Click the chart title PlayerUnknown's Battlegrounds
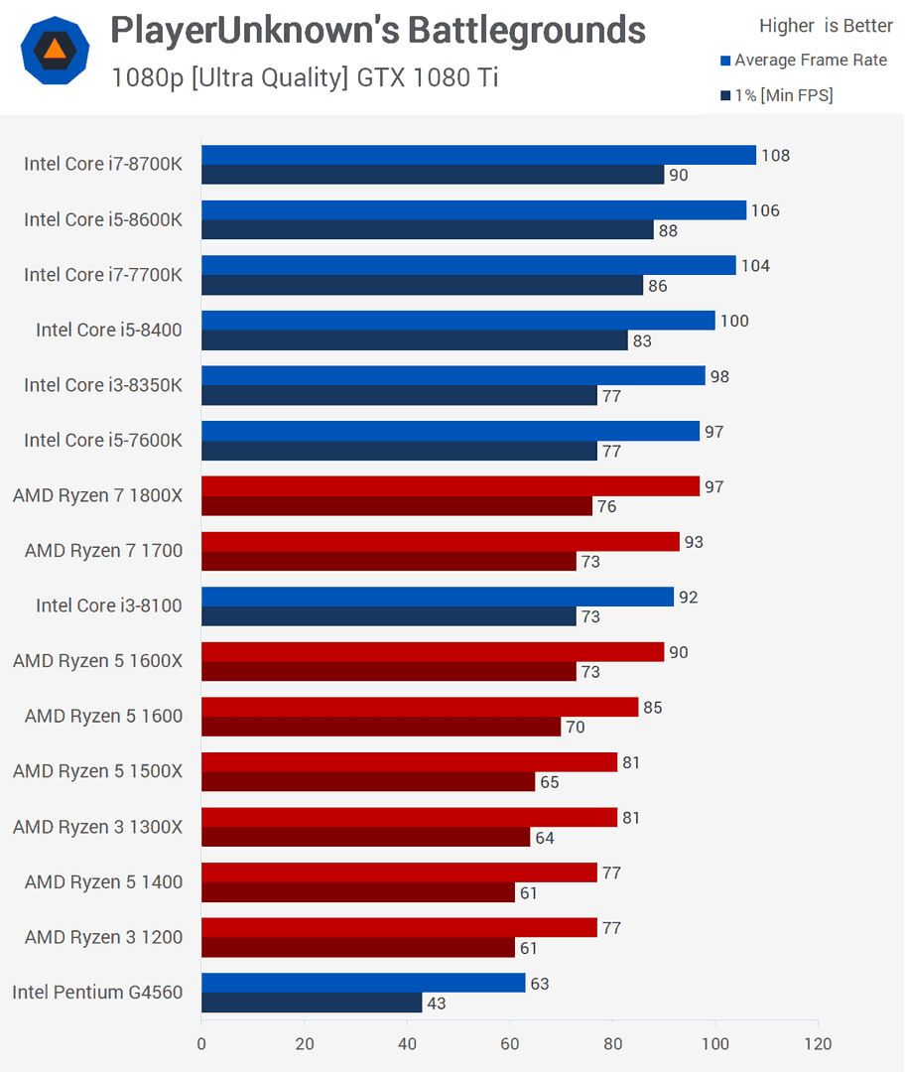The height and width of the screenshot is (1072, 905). [x=377, y=31]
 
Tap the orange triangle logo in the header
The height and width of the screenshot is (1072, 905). [x=55, y=50]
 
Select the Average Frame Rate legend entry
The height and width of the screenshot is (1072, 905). [x=810, y=61]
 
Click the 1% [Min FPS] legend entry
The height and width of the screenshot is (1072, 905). [x=782, y=95]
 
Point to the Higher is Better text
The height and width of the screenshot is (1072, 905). [x=826, y=26]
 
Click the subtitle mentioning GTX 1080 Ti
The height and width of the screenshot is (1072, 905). [x=305, y=76]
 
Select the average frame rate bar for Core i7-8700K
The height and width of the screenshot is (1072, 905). [x=478, y=155]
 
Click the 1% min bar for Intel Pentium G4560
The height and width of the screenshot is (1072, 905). [x=312, y=1004]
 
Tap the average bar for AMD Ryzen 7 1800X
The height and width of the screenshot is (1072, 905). [x=451, y=486]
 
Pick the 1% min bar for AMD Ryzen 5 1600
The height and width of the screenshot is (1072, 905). [x=381, y=728]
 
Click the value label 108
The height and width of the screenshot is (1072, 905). [x=776, y=156]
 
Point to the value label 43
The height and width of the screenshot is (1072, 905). [x=437, y=1004]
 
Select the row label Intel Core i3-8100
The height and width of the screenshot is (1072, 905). [x=109, y=605]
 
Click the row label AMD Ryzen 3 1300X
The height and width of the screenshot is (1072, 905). [x=97, y=827]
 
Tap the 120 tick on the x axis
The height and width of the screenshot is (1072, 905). [x=818, y=1044]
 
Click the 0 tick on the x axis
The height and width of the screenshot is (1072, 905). [x=201, y=1044]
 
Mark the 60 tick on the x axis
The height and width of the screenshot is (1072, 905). [x=510, y=1044]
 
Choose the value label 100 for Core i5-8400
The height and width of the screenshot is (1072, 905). [x=735, y=322]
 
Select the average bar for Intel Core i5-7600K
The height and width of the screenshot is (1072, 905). [x=451, y=431]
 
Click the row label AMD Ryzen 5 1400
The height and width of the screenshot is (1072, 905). [x=103, y=881]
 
